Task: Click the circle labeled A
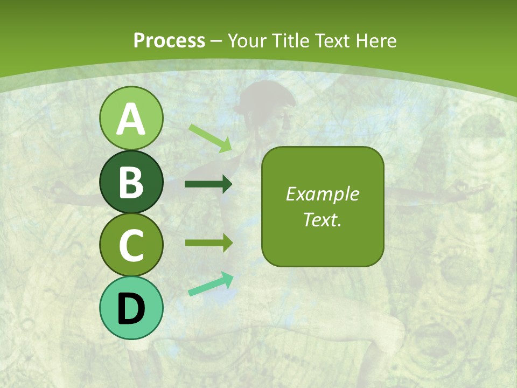pyautogui.click(x=131, y=118)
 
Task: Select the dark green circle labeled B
pyautogui.click(x=131, y=182)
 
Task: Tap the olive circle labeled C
pyautogui.click(x=131, y=245)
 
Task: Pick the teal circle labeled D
pyautogui.click(x=131, y=308)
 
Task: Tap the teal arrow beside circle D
pyautogui.click(x=211, y=284)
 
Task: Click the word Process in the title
pyautogui.click(x=169, y=40)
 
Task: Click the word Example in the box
pyautogui.click(x=322, y=194)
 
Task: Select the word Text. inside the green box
pyautogui.click(x=322, y=219)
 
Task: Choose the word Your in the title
pyautogui.click(x=244, y=40)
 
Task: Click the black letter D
pyautogui.click(x=131, y=309)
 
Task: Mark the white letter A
pyautogui.click(x=131, y=119)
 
